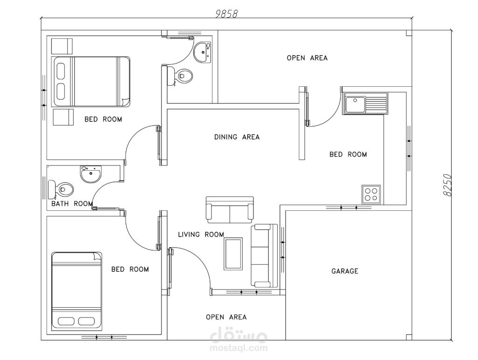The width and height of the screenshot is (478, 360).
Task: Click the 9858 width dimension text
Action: click(x=226, y=14)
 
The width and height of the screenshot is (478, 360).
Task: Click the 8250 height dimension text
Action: click(x=447, y=185)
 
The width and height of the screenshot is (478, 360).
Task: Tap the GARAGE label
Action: click(x=345, y=271)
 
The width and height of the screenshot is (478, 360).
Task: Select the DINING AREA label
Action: click(x=237, y=137)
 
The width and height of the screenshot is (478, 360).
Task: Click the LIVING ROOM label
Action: click(x=201, y=235)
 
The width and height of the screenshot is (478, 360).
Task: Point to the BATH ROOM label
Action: click(x=72, y=203)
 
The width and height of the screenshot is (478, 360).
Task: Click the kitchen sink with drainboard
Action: click(x=366, y=104)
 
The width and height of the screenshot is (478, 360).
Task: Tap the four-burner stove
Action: click(x=371, y=194)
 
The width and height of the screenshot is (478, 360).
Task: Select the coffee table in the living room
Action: click(x=233, y=254)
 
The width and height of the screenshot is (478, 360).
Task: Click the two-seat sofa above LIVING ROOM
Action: click(x=230, y=210)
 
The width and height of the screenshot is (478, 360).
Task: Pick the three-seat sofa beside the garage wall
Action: click(x=264, y=256)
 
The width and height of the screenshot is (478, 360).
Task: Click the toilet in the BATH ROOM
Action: click(x=61, y=189)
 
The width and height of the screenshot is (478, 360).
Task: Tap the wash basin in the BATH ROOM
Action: click(x=91, y=174)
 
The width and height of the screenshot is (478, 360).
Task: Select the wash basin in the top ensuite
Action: click(x=203, y=52)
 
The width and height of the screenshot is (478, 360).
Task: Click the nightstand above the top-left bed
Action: click(x=62, y=46)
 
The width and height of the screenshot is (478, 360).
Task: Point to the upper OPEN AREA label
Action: click(x=307, y=58)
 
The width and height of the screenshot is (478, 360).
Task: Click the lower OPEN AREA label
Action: click(x=226, y=317)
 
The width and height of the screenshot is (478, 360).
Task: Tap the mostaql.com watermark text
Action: click(x=239, y=348)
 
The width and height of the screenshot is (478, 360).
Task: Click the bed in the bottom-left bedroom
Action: click(x=77, y=291)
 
